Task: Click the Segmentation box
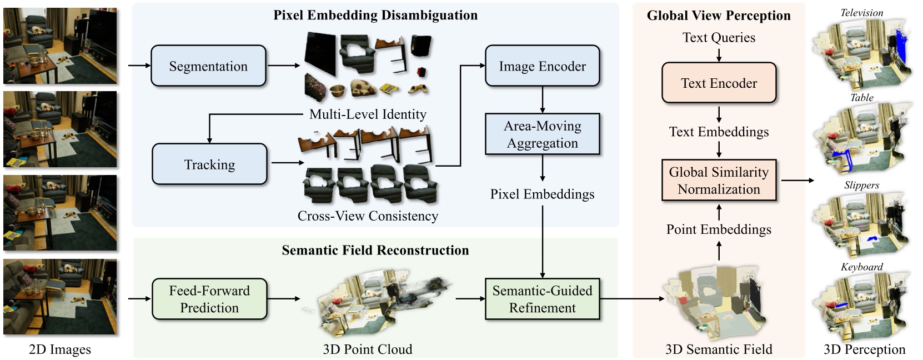point(208,66)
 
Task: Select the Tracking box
point(209,164)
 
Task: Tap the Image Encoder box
point(542,66)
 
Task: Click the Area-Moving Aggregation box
point(542,134)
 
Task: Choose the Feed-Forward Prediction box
point(209,299)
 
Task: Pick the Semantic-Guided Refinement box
point(542,299)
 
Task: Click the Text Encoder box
point(719,83)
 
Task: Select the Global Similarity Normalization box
point(719,181)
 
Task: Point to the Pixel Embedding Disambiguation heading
point(375,15)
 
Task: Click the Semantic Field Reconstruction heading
point(375,250)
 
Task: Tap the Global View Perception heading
point(719,16)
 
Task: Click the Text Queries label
point(719,37)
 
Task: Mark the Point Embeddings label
point(719,229)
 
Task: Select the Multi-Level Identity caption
point(368,114)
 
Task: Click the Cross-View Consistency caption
point(368,216)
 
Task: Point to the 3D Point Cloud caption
point(368,349)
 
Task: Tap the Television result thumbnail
point(862,50)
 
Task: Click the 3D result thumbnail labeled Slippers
point(862,222)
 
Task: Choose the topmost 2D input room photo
point(60,46)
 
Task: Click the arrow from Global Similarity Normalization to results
point(797,181)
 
